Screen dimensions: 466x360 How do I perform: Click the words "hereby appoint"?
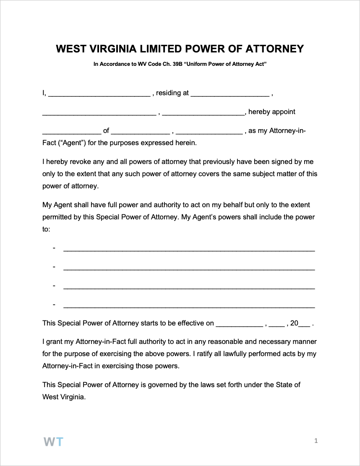click(x=272, y=112)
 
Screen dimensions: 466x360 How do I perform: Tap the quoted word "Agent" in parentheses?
click(x=73, y=143)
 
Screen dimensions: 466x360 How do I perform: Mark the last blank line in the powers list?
click(x=189, y=306)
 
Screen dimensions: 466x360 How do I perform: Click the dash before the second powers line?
click(x=54, y=267)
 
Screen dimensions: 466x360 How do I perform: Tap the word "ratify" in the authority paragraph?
click(x=203, y=354)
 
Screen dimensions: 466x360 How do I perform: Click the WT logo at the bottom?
click(x=53, y=441)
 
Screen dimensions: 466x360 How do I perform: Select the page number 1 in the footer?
click(x=316, y=441)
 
